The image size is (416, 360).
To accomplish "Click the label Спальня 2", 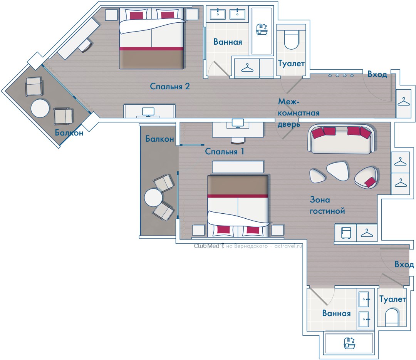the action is coord(170,87).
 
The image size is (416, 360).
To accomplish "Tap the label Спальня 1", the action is coord(225,151).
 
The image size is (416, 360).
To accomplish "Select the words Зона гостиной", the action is coord(327,205).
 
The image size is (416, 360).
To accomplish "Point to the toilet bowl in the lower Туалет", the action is coord(392,317).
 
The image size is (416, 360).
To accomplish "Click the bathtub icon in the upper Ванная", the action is coord(262,29).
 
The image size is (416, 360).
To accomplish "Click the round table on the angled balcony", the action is coord(40,108).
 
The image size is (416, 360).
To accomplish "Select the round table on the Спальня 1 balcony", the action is coord(153,198).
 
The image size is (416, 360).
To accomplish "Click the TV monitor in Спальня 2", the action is coord(148,112).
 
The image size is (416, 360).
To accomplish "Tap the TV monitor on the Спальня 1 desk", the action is coord(238,123).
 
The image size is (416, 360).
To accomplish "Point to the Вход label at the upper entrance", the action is coord(377,74).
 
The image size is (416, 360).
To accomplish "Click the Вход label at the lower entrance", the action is coord(404,265).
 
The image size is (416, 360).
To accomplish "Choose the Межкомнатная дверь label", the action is coord(299,113).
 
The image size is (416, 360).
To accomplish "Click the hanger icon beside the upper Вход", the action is coord(404,101).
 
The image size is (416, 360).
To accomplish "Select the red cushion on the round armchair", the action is coord(371,182).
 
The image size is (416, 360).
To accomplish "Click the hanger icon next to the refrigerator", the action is coord(367,233).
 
